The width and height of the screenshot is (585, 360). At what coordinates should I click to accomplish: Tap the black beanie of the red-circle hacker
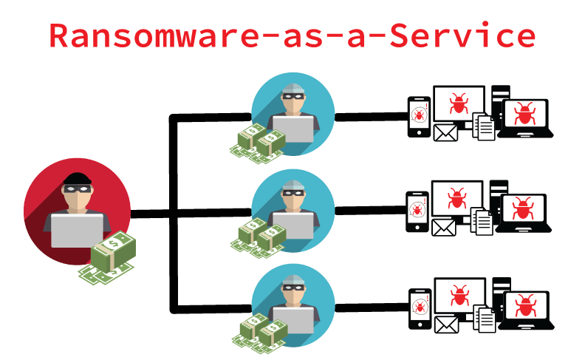click(78, 178)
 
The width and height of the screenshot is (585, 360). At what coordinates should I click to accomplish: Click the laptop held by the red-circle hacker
click(77, 231)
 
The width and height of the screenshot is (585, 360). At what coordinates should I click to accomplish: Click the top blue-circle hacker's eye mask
click(293, 95)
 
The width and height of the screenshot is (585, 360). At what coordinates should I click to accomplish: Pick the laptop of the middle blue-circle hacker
click(293, 225)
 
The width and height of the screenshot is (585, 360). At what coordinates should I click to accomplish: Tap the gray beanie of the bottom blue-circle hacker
click(293, 280)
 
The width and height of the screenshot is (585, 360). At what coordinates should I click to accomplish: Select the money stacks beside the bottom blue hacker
click(260, 333)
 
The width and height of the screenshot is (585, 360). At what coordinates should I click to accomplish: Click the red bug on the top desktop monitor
click(459, 103)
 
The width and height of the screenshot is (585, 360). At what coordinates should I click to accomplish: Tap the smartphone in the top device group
click(419, 117)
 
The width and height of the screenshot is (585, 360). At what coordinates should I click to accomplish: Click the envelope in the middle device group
click(444, 228)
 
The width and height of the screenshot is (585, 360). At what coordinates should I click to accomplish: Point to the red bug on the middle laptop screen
click(522, 208)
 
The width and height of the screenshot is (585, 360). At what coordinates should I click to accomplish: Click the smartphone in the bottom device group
click(420, 309)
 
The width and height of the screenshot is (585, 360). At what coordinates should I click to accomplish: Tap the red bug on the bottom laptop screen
click(525, 305)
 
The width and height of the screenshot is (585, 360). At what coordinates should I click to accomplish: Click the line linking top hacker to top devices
click(372, 117)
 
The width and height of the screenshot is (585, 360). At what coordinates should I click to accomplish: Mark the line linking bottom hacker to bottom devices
click(372, 308)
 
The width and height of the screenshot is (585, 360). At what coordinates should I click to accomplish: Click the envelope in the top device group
click(445, 133)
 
